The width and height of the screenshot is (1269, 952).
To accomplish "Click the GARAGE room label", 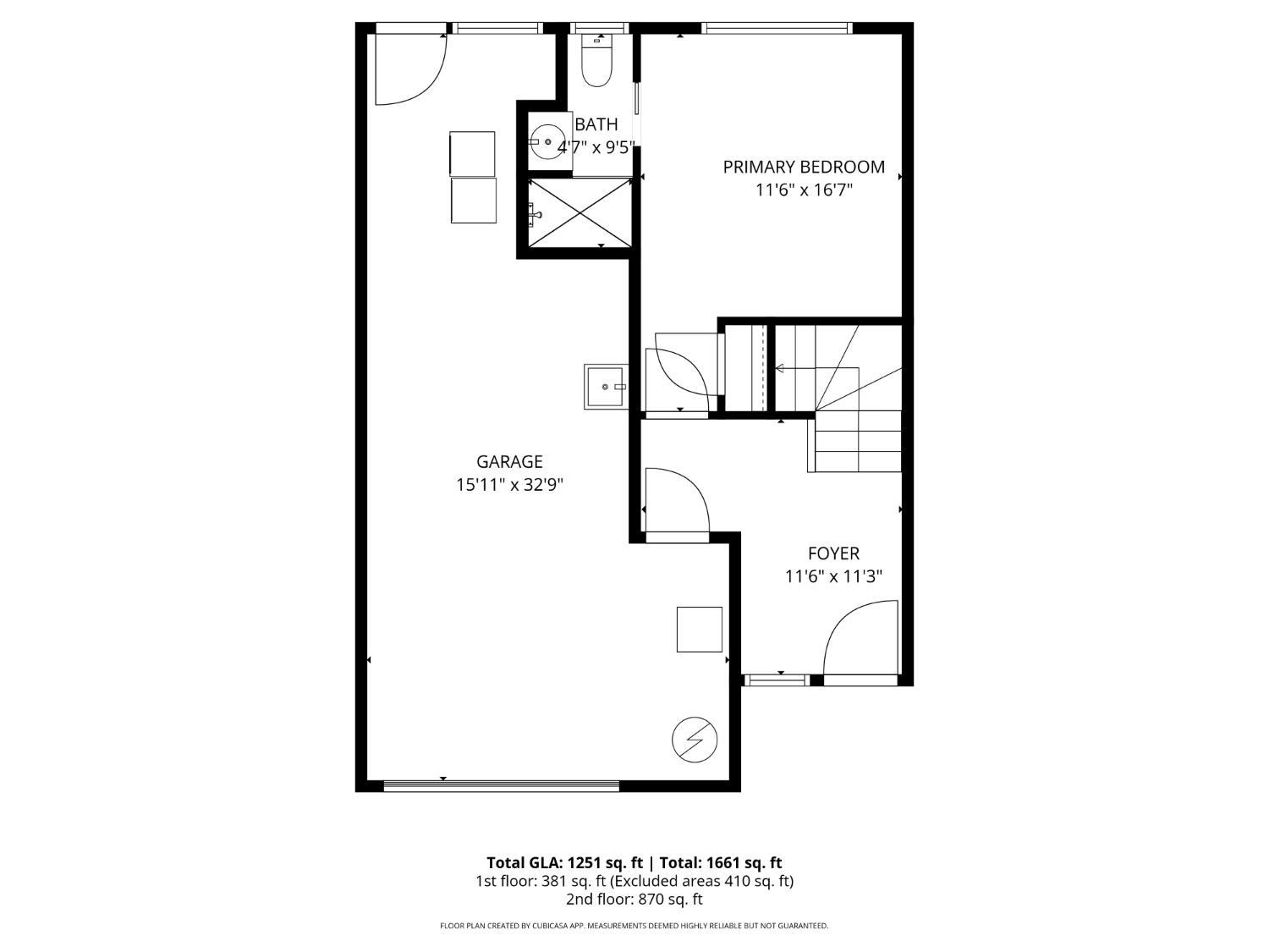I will point(509,462).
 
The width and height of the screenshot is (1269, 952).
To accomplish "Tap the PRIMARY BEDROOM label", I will point(803,167).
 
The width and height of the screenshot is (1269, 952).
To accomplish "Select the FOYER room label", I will point(833,553).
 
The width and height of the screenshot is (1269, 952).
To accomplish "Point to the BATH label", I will point(596,124).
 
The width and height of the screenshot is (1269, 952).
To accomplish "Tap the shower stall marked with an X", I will point(580,212).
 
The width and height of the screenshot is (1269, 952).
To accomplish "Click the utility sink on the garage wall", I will point(606,387).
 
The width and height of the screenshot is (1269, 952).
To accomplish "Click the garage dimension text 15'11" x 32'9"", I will point(509,485).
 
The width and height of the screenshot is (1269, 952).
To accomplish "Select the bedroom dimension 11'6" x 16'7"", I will point(803,190).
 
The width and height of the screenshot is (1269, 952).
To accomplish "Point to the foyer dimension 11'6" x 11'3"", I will point(833,577).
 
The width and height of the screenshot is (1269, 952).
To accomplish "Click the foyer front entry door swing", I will point(859,639).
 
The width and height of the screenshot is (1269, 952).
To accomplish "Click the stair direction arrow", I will point(780,368).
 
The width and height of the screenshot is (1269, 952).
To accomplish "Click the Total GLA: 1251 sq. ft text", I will point(565,863).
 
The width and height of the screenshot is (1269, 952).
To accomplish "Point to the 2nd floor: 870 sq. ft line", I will point(634,900).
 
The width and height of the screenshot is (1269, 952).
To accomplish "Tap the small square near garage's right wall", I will point(699,630).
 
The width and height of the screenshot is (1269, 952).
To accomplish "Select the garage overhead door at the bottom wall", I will point(501,786).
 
